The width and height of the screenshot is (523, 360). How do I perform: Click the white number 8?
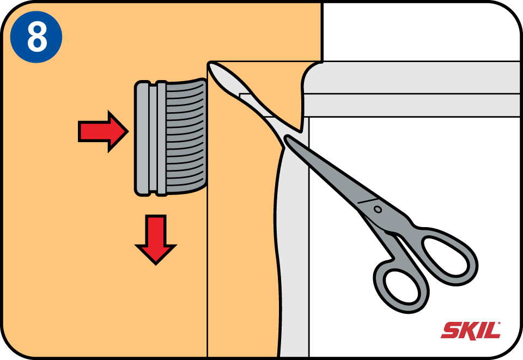(x=37, y=36)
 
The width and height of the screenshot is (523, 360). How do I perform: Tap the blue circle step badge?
(x=36, y=36)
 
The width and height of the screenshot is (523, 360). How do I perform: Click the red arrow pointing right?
(x=103, y=132)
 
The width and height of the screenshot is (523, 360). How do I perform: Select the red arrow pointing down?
(x=155, y=239)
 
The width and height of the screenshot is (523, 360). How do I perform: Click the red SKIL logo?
(x=470, y=331)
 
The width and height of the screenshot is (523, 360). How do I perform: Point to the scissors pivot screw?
(x=378, y=209)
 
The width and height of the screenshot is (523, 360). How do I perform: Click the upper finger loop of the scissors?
(x=448, y=255)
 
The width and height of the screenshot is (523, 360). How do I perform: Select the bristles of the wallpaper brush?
(x=186, y=137)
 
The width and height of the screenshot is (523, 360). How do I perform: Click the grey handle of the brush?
(x=150, y=138)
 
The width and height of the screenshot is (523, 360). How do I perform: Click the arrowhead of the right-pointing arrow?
(x=118, y=132)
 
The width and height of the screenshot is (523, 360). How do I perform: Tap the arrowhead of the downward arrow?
(x=155, y=254)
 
